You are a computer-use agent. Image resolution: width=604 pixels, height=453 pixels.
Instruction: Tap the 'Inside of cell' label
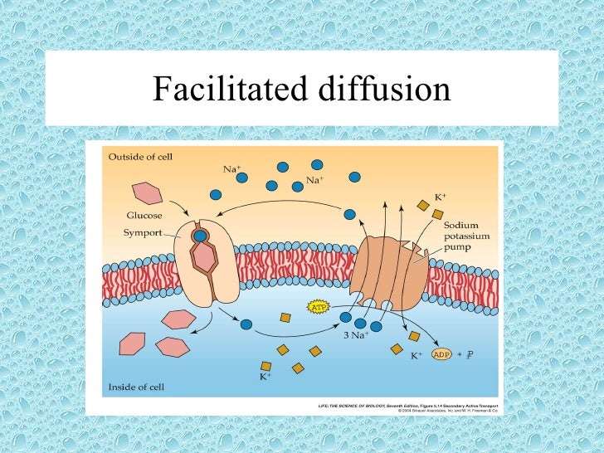[134, 387]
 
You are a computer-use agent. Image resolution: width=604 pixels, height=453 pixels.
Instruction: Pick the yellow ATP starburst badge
[319, 307]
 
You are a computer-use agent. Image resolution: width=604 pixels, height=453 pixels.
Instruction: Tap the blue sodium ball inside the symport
[200, 236]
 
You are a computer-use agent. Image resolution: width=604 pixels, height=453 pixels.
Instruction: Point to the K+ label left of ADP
[417, 356]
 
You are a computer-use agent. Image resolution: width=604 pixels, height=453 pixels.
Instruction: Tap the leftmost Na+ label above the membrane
[231, 169]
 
